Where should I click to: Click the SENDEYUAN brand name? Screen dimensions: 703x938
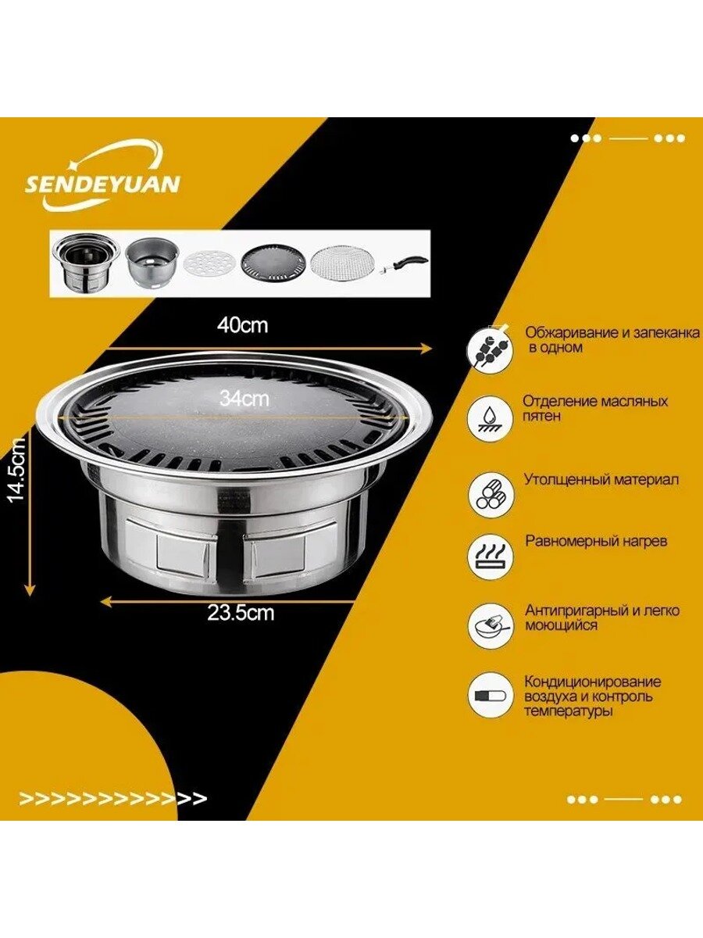[102, 184]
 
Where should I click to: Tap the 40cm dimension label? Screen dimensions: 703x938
[242, 326]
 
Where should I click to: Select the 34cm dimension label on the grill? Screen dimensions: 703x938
[244, 399]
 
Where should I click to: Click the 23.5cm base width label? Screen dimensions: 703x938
[241, 614]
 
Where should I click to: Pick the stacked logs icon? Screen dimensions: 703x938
[491, 495]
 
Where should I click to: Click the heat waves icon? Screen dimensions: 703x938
[491, 557]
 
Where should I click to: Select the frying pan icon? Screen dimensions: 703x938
[491, 626]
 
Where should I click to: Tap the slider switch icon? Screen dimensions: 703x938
[491, 695]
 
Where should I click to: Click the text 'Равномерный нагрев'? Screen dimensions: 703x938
[596, 541]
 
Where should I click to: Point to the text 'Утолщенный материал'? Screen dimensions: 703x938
[601, 480]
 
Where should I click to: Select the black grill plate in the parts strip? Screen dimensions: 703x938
[274, 262]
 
